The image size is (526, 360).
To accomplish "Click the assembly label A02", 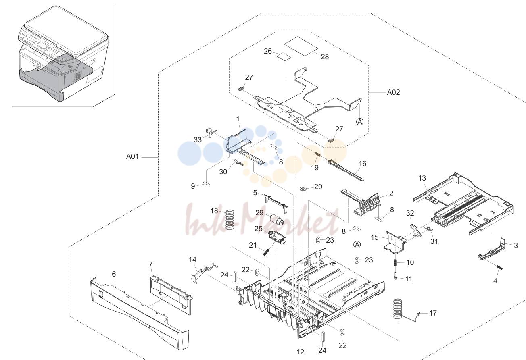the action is pos(393,92).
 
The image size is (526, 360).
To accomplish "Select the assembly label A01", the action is pos(132,156).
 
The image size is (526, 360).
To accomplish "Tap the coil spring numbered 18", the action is pos(230,220).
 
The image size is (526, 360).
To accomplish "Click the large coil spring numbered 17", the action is pos(398,309).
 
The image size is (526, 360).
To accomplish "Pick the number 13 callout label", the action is pos(422,178).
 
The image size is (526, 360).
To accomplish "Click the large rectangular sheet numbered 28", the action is pos(301,46).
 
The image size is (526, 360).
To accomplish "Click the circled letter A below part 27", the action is pos(360,122).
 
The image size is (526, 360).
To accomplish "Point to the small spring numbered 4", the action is pos(499,268).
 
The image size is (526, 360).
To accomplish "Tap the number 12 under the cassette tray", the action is pos(300,352).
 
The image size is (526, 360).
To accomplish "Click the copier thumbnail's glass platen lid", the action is pos(66,31).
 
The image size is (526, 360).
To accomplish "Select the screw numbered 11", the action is pos(396,275).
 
